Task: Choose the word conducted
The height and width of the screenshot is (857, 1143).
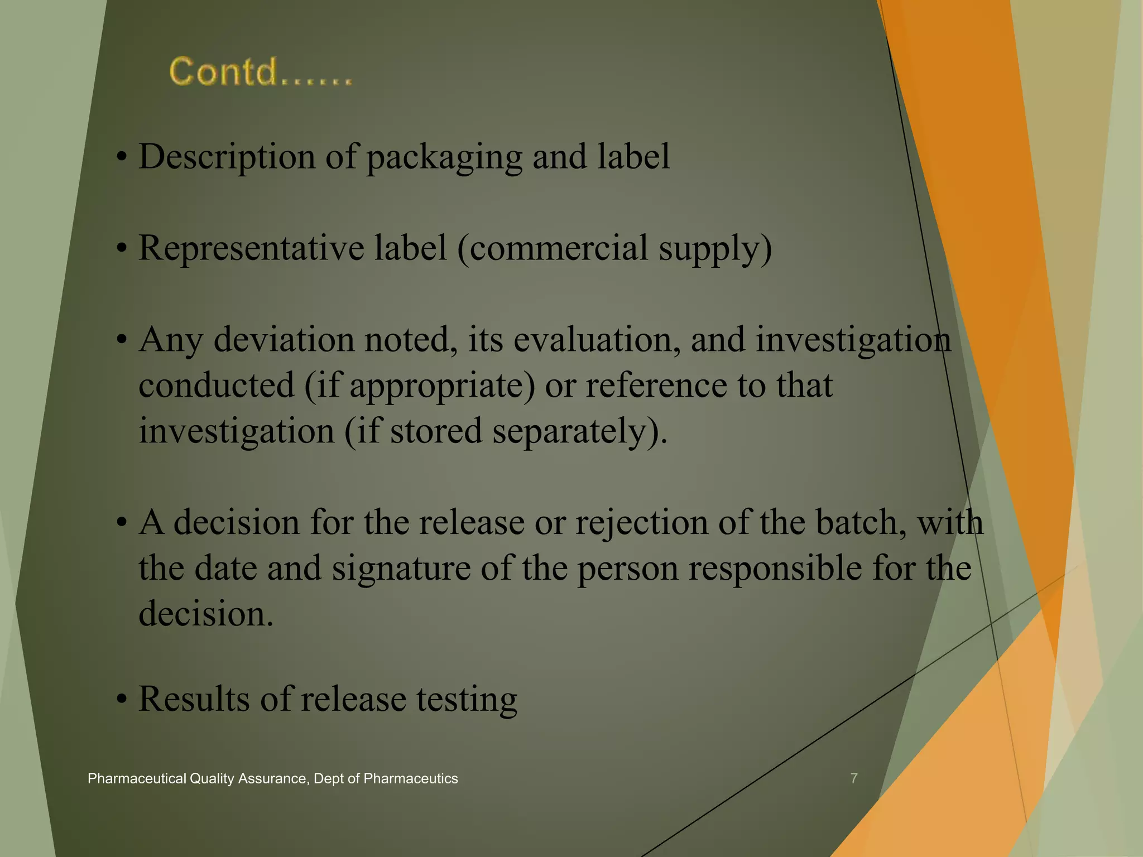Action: tap(217, 385)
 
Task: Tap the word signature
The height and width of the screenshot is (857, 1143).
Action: tap(401, 569)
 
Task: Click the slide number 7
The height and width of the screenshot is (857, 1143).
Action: tap(853, 778)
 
